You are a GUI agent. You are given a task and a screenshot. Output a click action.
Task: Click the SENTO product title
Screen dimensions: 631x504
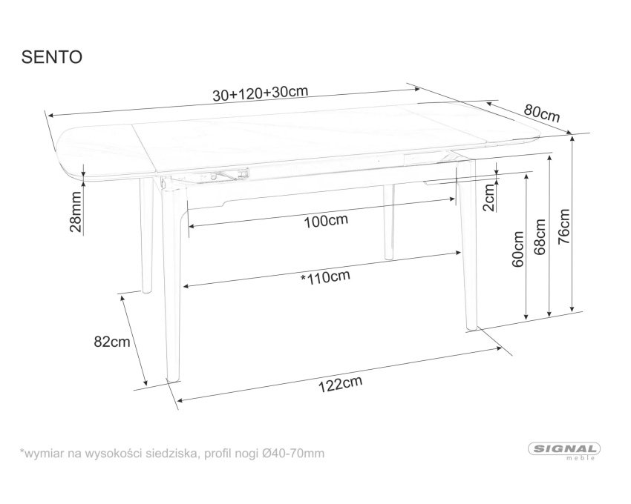tap(51, 57)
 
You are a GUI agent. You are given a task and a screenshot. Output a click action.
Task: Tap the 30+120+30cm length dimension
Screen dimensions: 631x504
tap(260, 93)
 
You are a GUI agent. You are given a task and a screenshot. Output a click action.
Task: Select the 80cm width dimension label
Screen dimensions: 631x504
tap(542, 113)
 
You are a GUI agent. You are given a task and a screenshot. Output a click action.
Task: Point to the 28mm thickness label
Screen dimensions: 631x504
tap(76, 211)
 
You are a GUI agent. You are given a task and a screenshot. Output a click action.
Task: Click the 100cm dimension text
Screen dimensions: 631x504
tap(326, 220)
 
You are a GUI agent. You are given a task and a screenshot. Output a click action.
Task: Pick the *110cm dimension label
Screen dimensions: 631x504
tap(325, 276)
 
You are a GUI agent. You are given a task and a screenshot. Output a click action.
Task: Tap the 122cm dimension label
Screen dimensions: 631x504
tap(341, 384)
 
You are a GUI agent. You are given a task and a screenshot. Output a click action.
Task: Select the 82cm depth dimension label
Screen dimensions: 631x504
tap(112, 342)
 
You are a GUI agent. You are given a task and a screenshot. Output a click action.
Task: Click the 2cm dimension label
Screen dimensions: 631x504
tap(488, 197)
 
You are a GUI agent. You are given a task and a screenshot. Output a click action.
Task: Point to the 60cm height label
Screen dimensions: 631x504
tap(518, 249)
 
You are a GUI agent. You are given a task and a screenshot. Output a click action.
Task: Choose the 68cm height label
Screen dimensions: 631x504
tap(540, 236)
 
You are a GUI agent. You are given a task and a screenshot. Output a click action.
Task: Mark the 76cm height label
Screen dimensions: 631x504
tap(563, 226)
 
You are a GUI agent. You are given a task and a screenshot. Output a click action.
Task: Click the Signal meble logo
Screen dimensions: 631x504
tap(564, 451)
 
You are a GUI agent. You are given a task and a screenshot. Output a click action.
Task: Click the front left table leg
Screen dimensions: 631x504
tap(171, 282)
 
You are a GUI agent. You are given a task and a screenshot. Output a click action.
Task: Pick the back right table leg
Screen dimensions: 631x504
tap(389, 222)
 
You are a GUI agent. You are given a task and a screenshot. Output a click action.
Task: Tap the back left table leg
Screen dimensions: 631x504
tap(146, 235)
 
